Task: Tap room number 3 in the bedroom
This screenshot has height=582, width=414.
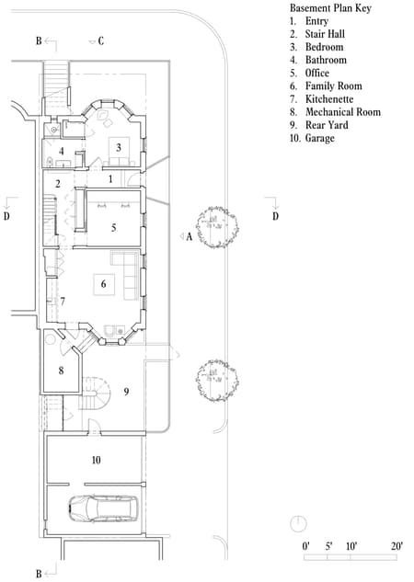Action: (x=118, y=147)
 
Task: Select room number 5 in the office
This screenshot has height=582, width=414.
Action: (x=114, y=227)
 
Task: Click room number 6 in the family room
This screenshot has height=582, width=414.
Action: (x=103, y=285)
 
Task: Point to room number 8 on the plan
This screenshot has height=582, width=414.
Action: (x=61, y=371)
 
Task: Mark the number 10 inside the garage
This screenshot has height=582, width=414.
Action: (x=96, y=459)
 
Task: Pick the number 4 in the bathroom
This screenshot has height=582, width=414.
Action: (x=62, y=151)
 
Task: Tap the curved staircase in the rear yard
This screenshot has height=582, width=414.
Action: (x=96, y=394)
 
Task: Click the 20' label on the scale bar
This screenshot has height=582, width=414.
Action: (x=397, y=546)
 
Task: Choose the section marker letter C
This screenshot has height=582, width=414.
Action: (x=100, y=41)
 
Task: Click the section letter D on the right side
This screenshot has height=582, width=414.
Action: (x=274, y=216)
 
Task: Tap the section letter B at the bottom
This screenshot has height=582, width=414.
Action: (x=38, y=574)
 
